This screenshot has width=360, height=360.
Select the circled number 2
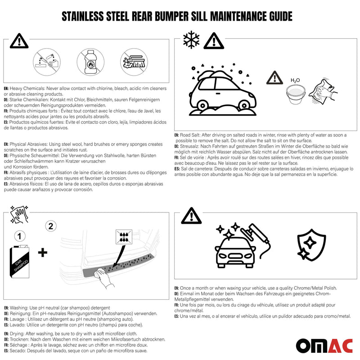pyautogui.click(x=51, y=226)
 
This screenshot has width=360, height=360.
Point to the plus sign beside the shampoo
pyautogui.click(x=43, y=252)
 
